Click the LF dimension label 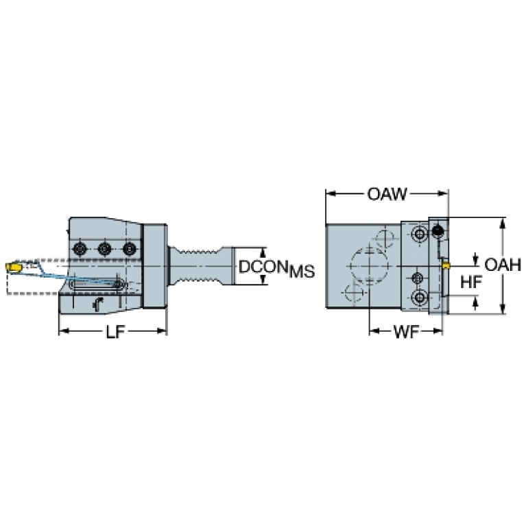(115, 332)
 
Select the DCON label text (263, 267)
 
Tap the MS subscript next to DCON (302, 272)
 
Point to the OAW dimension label (387, 194)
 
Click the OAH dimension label (503, 265)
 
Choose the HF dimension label (471, 282)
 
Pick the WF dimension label (406, 332)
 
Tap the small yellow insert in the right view (446, 266)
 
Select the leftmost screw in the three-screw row (80, 249)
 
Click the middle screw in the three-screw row (105, 249)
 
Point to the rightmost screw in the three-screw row (130, 249)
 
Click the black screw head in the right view (438, 230)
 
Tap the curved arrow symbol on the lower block (97, 304)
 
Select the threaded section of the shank (200, 266)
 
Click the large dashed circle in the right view (350, 267)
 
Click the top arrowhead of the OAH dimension (502, 223)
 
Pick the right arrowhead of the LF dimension (162, 331)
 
